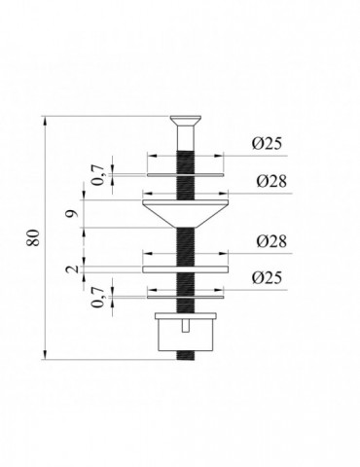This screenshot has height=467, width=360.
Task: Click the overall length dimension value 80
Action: pyautogui.click(x=34, y=237)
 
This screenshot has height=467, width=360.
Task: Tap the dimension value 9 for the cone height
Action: pyautogui.click(x=74, y=213)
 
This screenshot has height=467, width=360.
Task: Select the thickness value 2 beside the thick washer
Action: pyautogui.click(x=74, y=269)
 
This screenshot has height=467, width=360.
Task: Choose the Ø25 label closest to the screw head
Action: pyautogui.click(x=267, y=144)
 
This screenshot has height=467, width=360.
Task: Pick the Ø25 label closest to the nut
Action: pyautogui.click(x=267, y=278)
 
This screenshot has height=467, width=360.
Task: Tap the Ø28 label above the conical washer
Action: pyautogui.click(x=271, y=181)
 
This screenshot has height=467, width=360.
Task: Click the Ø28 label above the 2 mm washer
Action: pyautogui.click(x=271, y=241)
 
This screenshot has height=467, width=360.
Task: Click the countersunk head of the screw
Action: pyautogui.click(x=186, y=121)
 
